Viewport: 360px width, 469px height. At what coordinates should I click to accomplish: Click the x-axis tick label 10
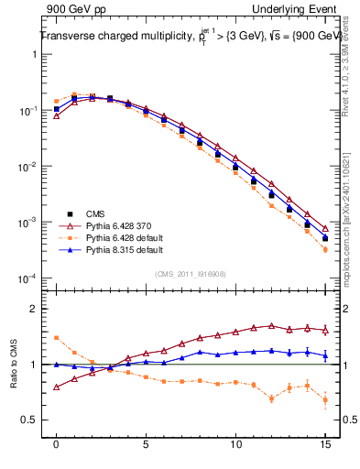point(235,444)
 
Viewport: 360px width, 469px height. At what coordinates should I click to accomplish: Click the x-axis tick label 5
point(146,444)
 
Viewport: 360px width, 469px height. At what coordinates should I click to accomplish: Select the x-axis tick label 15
point(325,444)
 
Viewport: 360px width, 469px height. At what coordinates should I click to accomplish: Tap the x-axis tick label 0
point(56,444)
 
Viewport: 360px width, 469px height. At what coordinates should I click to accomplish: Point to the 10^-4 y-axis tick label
point(29,278)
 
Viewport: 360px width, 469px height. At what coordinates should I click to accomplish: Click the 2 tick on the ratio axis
point(35,309)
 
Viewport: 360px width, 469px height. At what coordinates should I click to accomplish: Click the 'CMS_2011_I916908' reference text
point(191,272)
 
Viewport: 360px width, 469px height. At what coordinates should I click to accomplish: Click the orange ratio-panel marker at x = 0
point(56,338)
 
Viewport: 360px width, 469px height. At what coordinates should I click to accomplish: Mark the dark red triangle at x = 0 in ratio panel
point(56,387)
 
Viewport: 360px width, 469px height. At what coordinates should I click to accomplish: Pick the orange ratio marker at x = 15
point(325,399)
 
